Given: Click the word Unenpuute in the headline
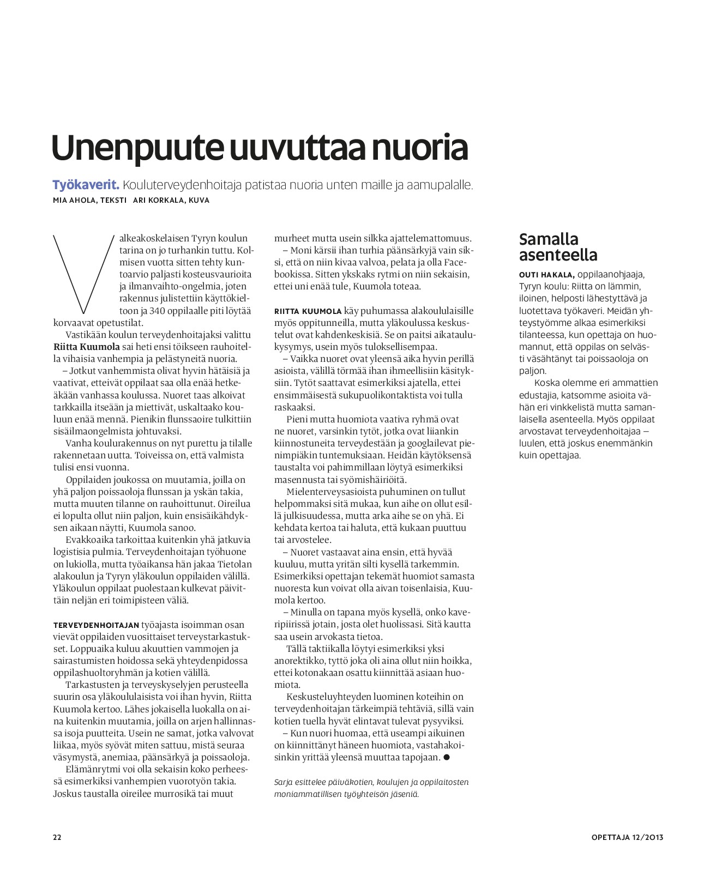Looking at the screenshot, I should coord(137,148).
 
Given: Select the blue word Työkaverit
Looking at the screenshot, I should coord(86,185).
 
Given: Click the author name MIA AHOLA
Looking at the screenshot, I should coord(74,200).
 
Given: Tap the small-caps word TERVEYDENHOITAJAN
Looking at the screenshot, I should coord(96,625).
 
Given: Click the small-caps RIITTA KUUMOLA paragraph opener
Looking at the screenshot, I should coord(308,311).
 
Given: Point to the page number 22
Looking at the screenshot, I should coord(57,837).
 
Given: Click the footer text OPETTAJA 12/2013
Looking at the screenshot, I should coord(627,837).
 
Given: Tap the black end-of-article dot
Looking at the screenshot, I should coord(446,757).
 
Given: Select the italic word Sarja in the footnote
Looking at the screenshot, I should coord(284,782).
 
